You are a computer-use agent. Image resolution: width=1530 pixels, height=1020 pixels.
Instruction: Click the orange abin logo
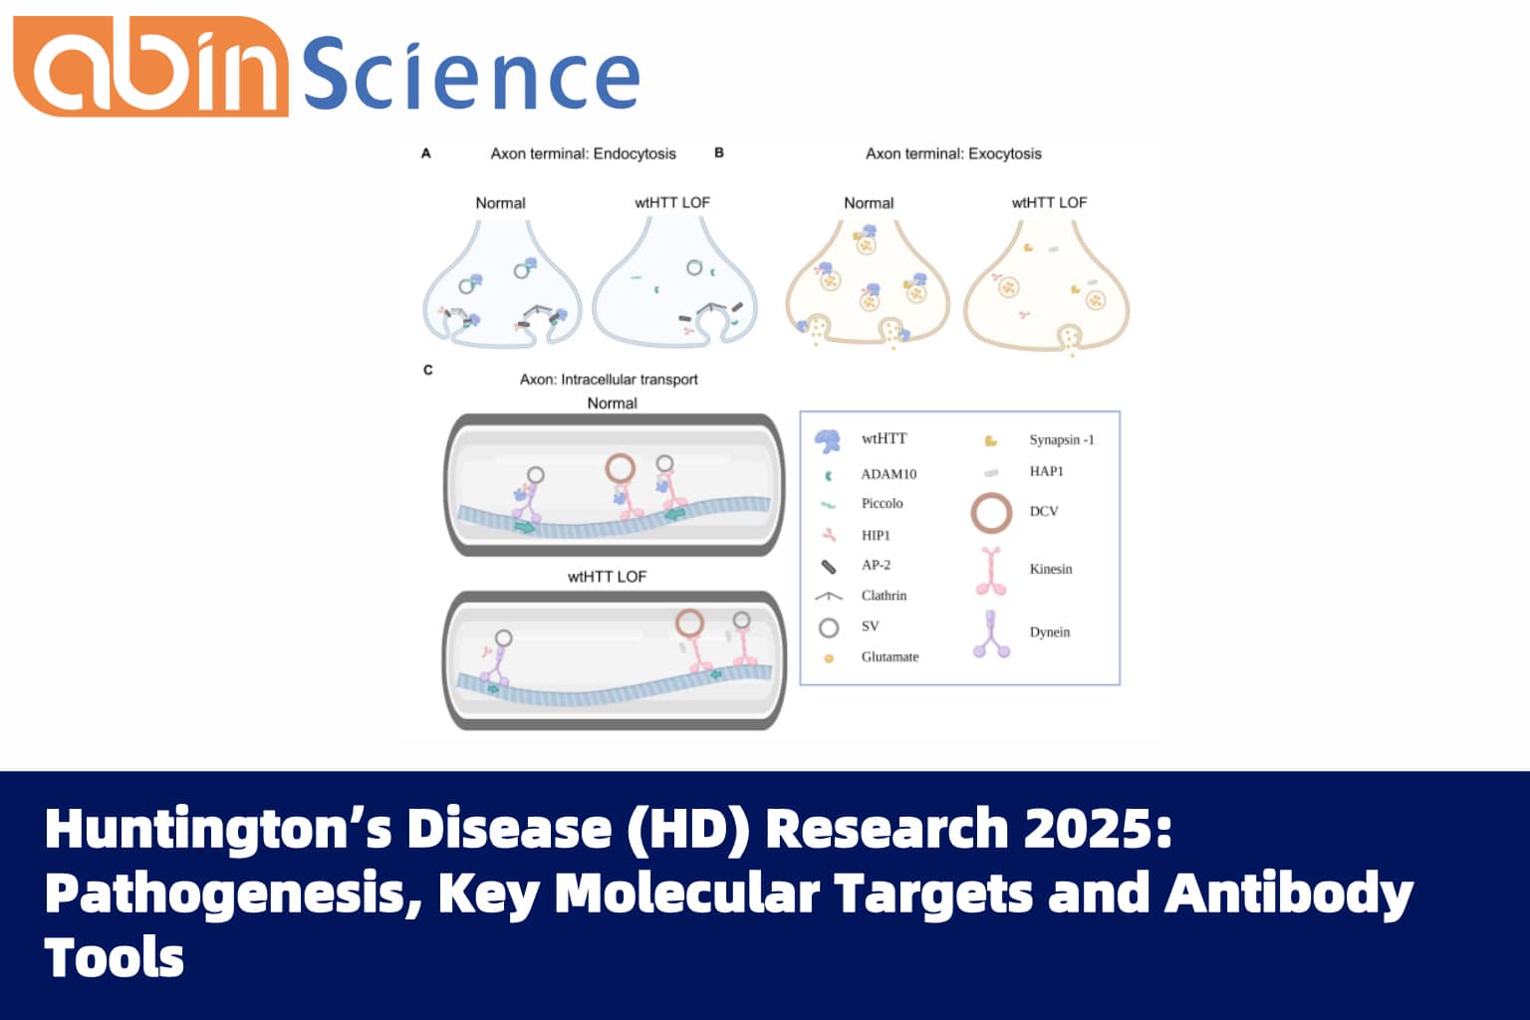149,68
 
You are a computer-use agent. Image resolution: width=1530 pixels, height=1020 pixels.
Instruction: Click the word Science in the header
470,76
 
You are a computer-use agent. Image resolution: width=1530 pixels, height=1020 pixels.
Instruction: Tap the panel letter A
426,153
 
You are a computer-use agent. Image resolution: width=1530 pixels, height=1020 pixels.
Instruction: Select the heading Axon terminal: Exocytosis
953,153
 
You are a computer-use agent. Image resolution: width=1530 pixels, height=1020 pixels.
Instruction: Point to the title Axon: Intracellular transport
609,380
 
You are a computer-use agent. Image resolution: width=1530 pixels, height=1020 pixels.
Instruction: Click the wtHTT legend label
884,438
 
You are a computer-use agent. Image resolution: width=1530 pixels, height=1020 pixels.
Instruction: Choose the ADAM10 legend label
889,474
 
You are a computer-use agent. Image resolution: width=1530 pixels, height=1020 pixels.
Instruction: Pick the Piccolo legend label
882,504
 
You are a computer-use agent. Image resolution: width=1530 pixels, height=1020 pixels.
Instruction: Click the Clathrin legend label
884,596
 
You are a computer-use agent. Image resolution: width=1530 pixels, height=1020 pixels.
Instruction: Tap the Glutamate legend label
890,657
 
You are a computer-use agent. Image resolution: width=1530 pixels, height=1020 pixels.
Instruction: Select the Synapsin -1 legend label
1061,439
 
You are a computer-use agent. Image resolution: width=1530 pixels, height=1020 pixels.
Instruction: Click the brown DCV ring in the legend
991,513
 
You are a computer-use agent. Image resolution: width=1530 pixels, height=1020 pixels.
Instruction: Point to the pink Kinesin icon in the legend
991,571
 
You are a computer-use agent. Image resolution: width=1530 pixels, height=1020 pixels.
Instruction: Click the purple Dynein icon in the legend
991,635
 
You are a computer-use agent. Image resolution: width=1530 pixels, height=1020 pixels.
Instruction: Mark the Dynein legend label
1050,633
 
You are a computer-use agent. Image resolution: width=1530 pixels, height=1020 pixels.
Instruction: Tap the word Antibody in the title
1289,893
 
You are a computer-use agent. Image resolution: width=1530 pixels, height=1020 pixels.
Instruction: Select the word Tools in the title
115,958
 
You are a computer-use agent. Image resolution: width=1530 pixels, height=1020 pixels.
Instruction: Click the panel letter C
428,371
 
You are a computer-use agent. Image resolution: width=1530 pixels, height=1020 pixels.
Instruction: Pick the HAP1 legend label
1046,471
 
